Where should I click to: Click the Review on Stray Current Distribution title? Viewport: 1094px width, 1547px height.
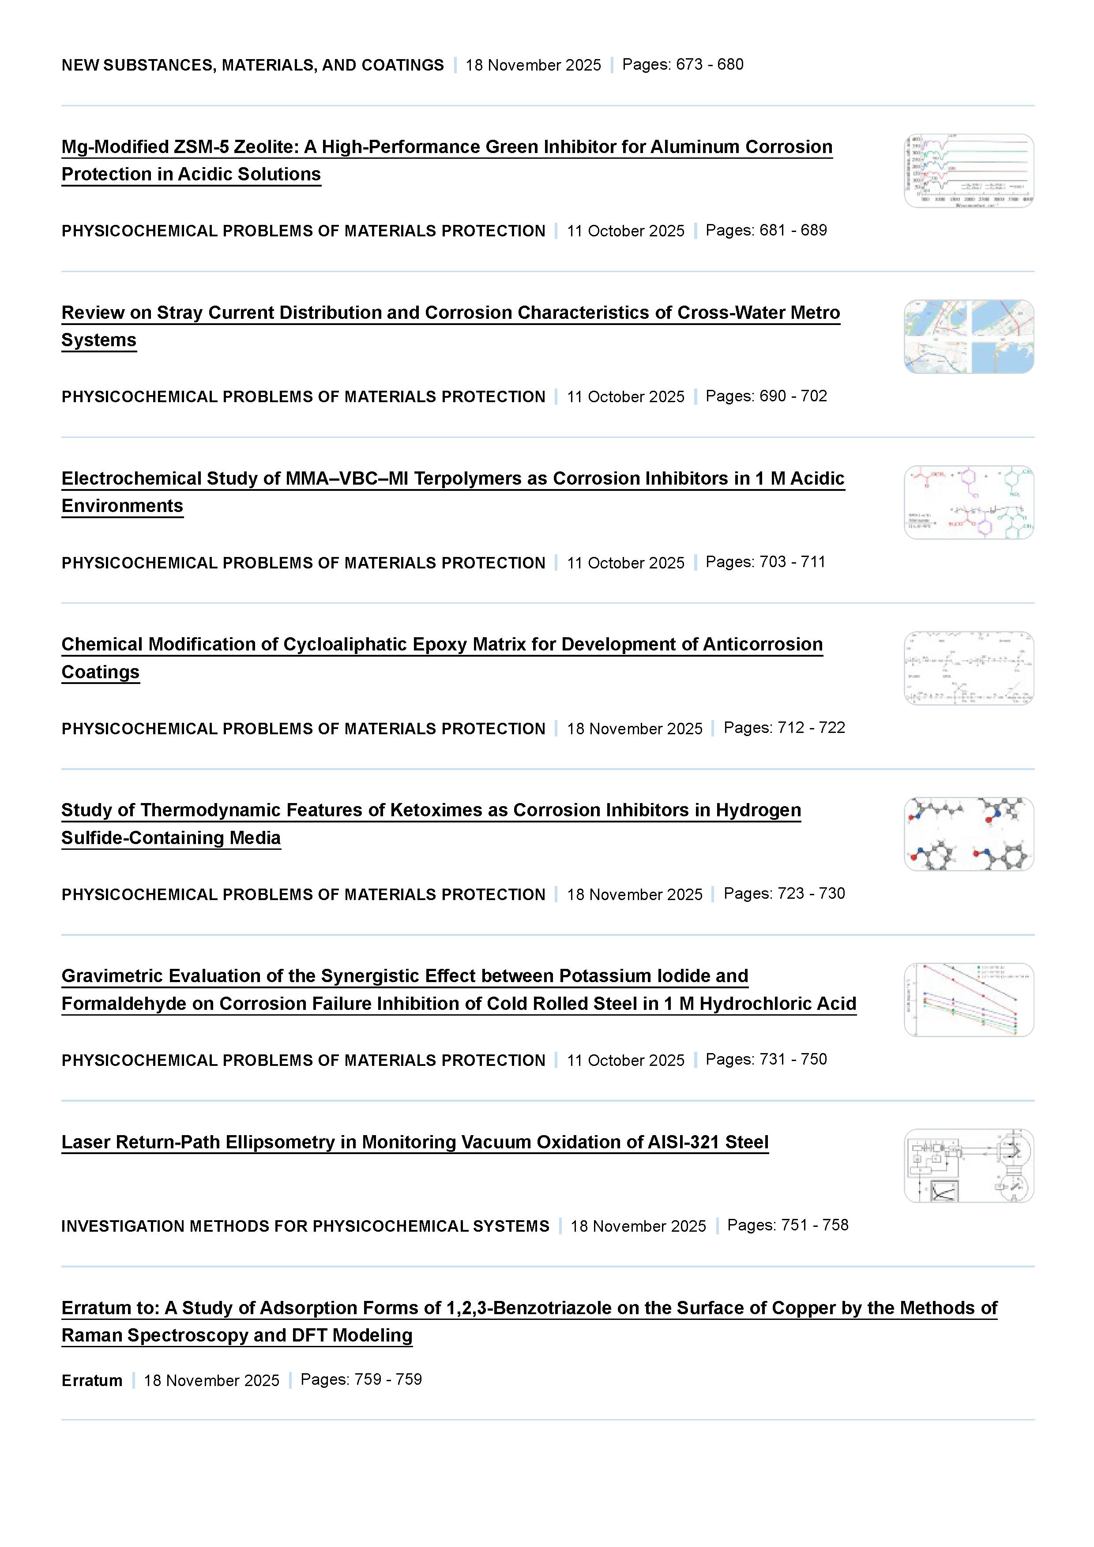(x=450, y=313)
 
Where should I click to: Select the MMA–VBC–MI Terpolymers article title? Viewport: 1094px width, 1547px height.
(x=452, y=478)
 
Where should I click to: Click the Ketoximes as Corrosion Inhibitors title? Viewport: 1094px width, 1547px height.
(x=431, y=810)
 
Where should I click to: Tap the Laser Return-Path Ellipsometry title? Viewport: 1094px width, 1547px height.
(x=414, y=1142)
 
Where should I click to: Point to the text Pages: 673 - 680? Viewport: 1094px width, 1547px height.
(x=682, y=65)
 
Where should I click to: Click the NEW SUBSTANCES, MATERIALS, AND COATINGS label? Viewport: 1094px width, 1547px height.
(x=253, y=65)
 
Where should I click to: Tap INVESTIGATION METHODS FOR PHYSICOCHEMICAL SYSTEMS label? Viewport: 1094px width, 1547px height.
(x=305, y=1226)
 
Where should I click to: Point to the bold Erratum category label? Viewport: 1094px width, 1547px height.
(x=92, y=1381)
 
